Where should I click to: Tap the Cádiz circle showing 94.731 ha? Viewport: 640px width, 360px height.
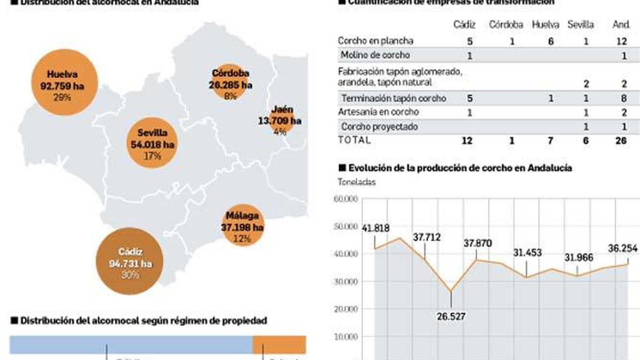click(130, 261)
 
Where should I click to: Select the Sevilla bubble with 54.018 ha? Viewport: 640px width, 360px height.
click(152, 143)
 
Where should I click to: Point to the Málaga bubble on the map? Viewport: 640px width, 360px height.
click(242, 225)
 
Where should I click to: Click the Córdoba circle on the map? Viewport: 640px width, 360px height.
click(230, 82)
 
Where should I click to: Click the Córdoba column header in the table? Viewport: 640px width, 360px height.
click(506, 25)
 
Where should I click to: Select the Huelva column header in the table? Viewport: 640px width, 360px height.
click(545, 25)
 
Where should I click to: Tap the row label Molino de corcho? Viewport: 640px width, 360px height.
click(375, 55)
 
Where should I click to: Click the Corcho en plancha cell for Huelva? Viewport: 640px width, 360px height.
click(551, 41)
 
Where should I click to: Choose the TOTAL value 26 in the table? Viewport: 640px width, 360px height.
click(621, 140)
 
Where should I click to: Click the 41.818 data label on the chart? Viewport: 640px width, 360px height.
click(375, 228)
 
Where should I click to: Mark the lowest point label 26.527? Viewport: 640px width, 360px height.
click(451, 316)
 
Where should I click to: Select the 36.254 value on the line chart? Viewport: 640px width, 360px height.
click(622, 248)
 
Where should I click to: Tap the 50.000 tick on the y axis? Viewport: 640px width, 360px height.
click(346, 226)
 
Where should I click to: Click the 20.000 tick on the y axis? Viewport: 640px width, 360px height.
click(346, 309)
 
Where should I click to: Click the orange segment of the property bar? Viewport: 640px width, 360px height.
click(279, 345)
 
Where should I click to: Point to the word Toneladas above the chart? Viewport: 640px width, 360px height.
click(357, 182)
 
